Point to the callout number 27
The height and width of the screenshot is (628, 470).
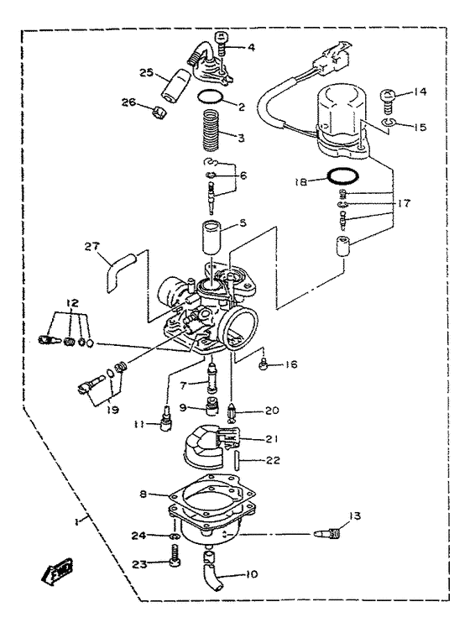click(x=91, y=246)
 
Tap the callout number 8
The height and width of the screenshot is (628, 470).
click(x=145, y=495)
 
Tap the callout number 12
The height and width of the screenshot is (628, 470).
click(x=73, y=301)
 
